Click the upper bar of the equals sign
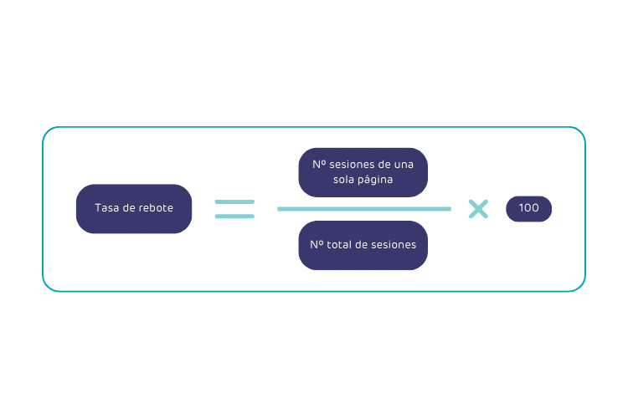(234, 201)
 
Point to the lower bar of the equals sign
(234, 217)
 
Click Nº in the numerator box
(319, 166)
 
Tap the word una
(403, 166)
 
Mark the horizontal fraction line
(363, 208)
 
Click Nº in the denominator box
(317, 245)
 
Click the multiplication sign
(478, 208)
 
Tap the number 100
(528, 208)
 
